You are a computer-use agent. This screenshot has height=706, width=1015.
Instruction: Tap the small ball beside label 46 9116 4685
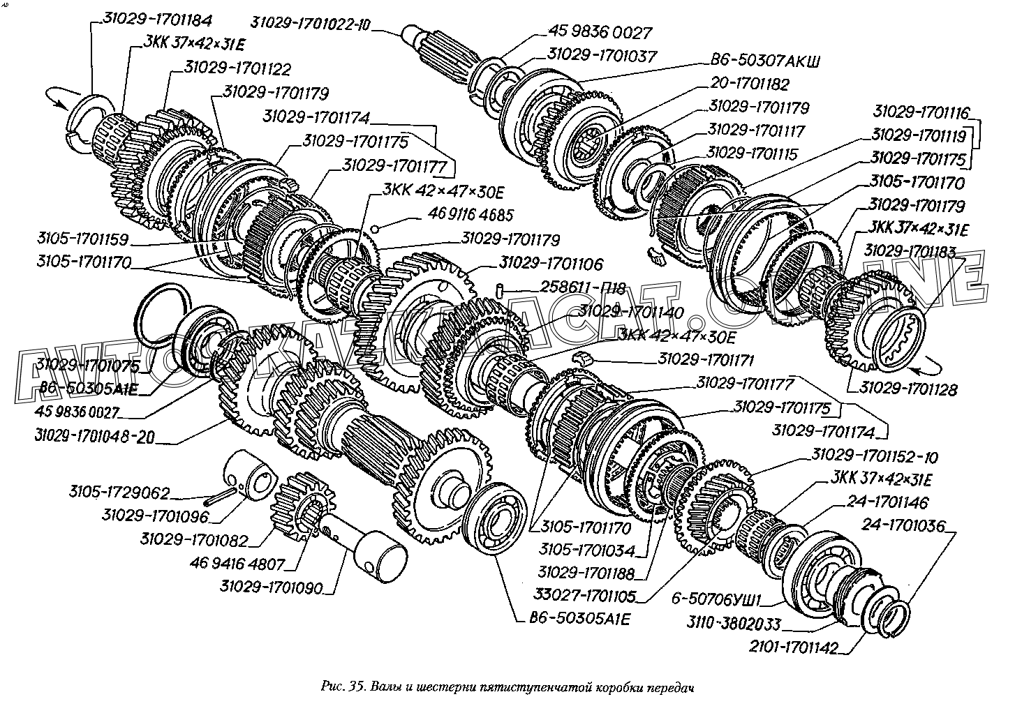coord(376,227)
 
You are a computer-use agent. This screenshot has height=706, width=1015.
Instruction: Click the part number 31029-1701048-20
coord(94,437)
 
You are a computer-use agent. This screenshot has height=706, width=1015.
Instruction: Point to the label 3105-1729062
coord(119,493)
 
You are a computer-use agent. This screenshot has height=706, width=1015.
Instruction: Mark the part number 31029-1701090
coord(272,588)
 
